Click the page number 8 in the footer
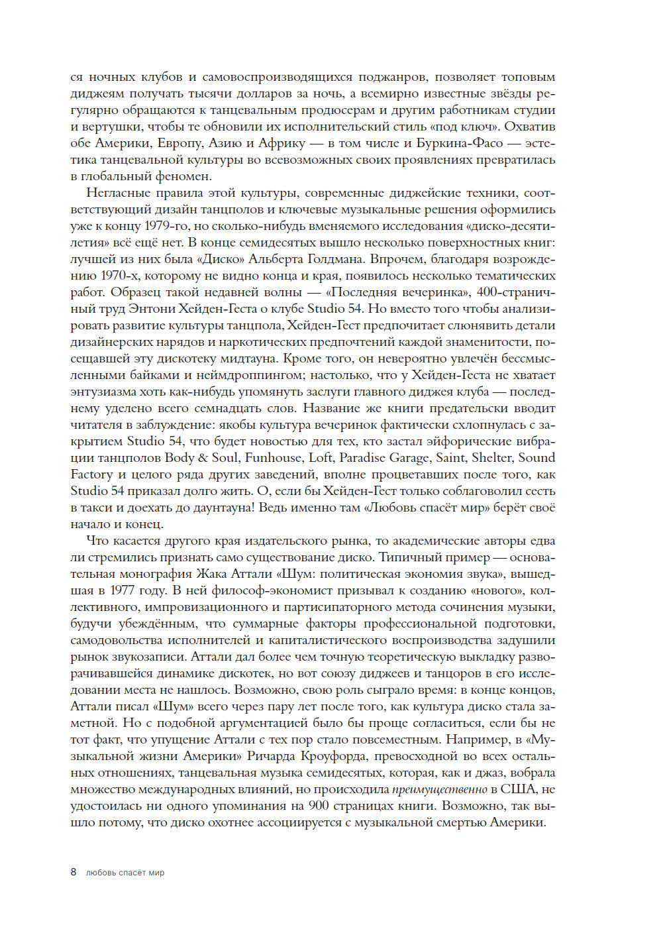coord(74,872)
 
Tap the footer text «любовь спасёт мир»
coord(125,873)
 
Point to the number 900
coord(318,806)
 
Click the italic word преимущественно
coord(439,789)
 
